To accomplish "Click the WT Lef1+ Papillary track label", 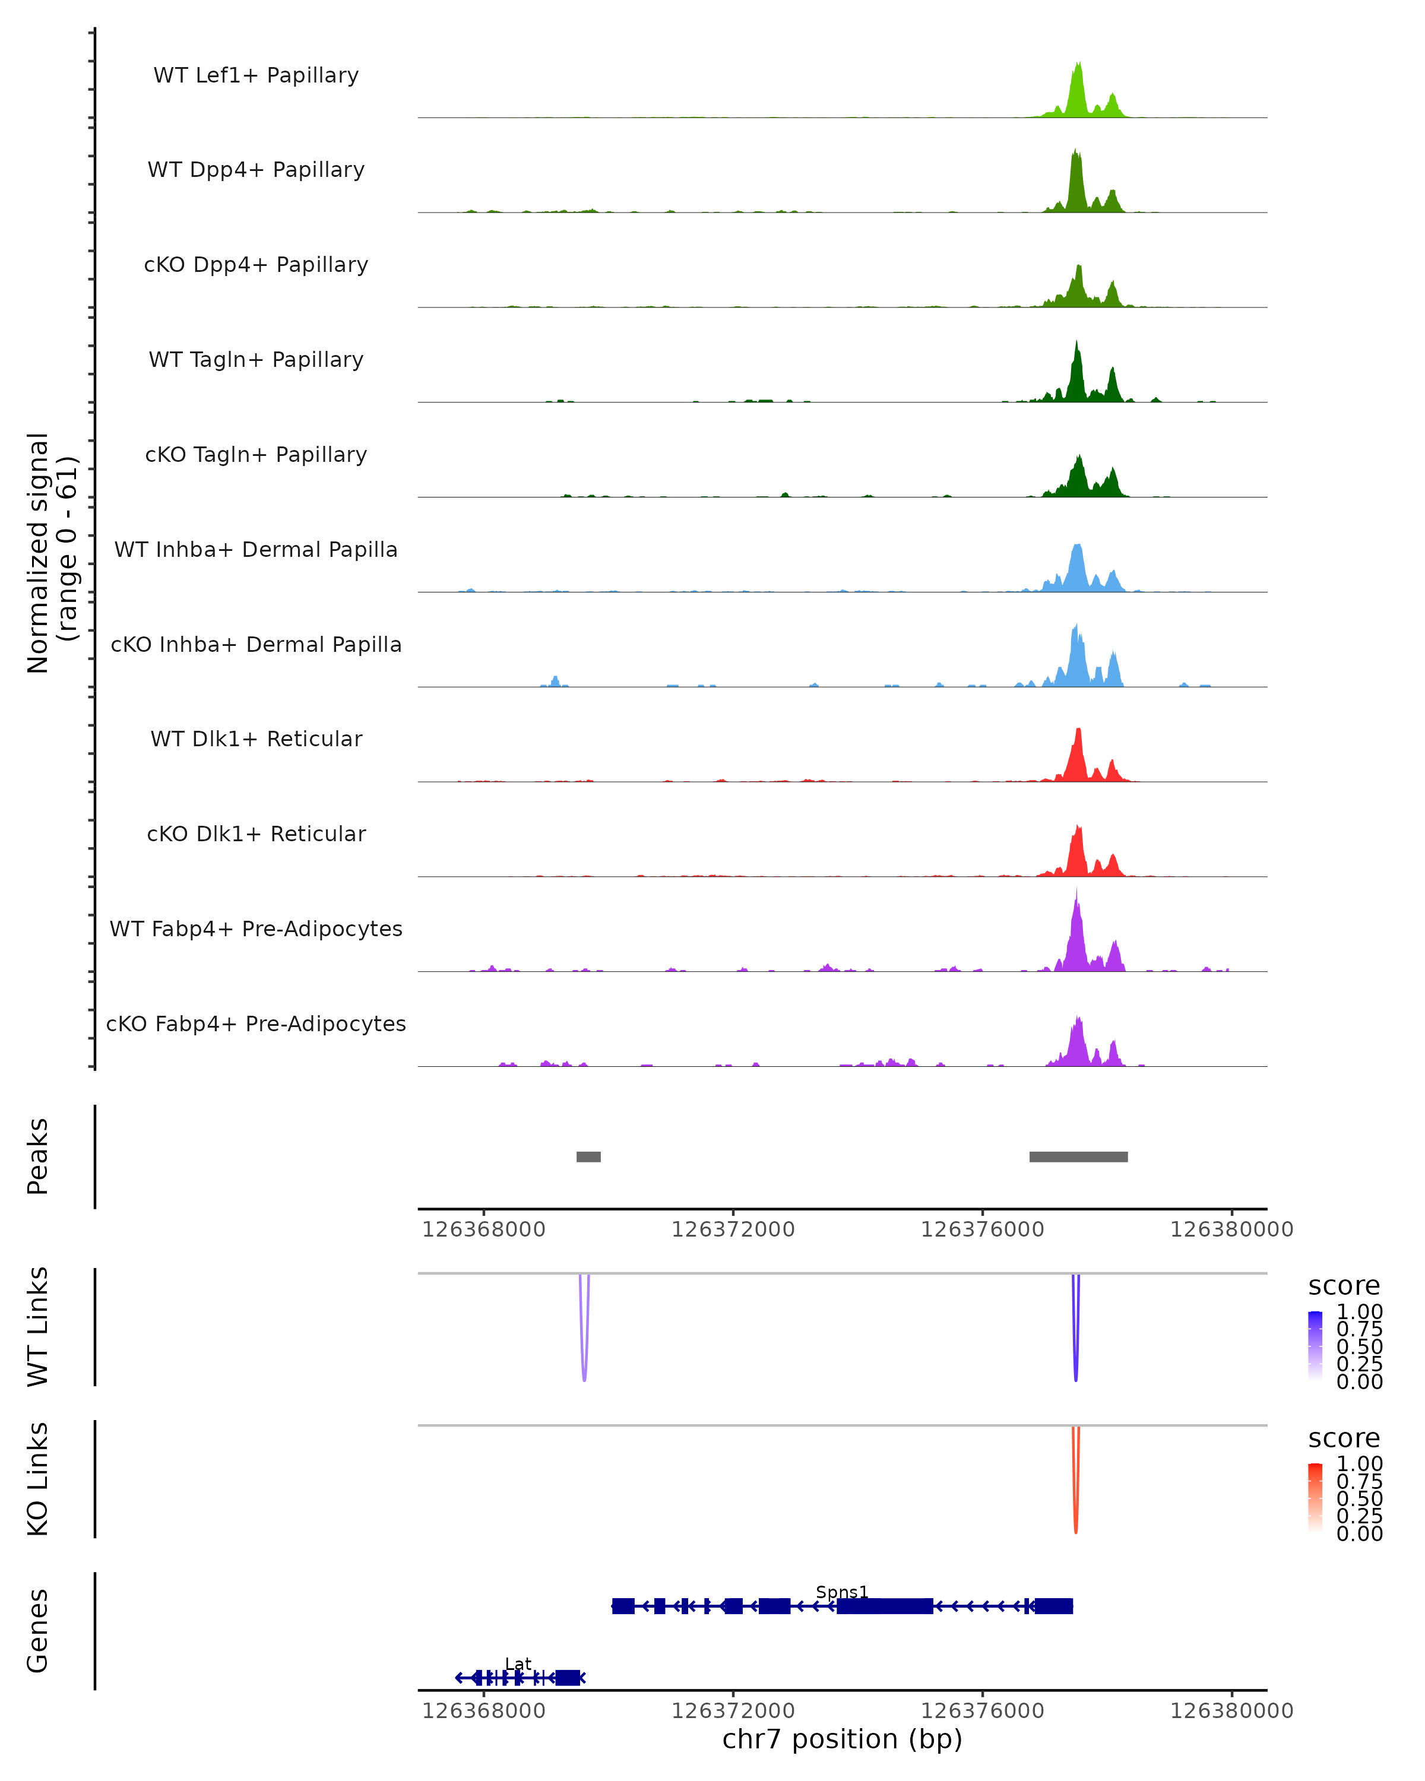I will point(256,75).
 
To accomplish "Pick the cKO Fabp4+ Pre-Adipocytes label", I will point(256,1024).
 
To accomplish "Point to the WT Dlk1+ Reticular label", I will point(256,739).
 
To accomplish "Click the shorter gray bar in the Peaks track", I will point(588,1156).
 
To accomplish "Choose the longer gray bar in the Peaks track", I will point(1078,1156).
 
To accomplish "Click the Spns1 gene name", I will point(842,1593).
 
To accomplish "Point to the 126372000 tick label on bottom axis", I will point(733,1711).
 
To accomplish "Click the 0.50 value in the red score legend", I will point(1359,1498).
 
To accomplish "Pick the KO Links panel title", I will point(38,1479).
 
